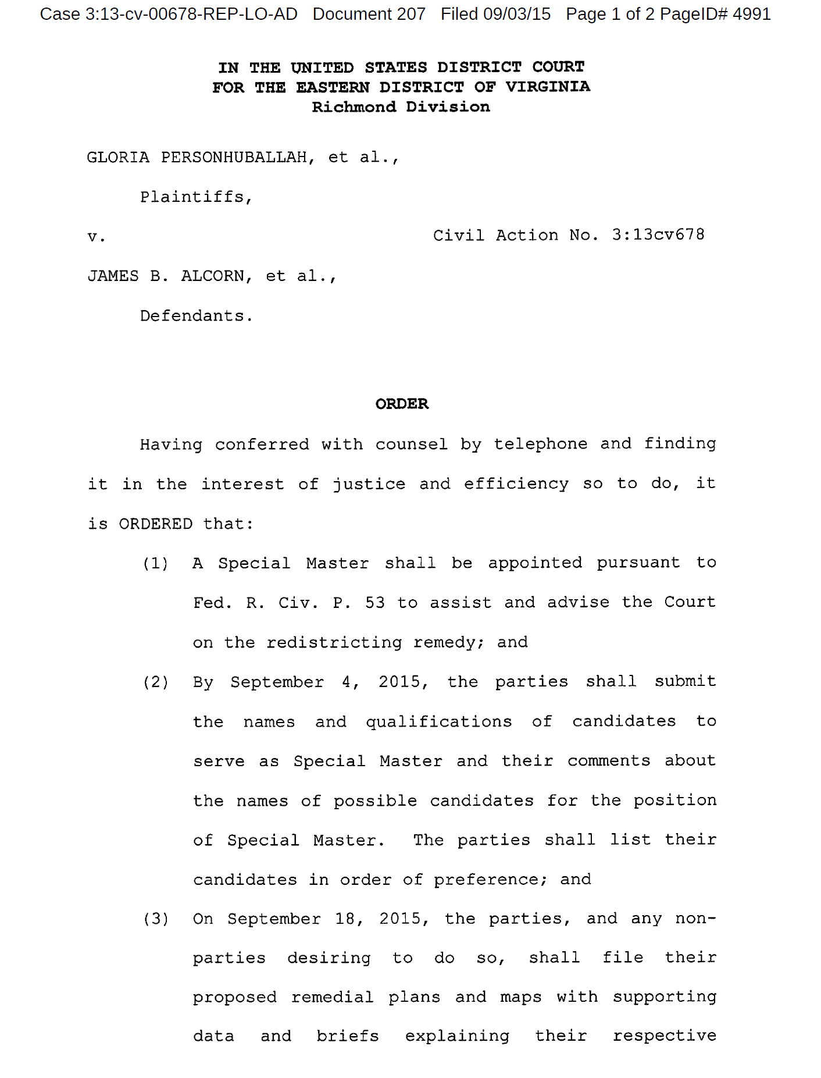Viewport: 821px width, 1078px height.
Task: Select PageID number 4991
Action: pyautogui.click(x=751, y=14)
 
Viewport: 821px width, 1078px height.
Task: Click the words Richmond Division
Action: pyautogui.click(x=401, y=107)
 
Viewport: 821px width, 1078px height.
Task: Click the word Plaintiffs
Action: pyautogui.click(x=196, y=197)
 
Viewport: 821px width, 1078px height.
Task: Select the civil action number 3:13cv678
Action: pyautogui.click(x=658, y=235)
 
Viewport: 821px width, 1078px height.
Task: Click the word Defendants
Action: pyautogui.click(x=196, y=316)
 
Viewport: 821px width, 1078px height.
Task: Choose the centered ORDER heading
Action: pyautogui.click(x=402, y=404)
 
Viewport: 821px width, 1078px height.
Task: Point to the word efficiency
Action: pyautogui.click(x=516, y=484)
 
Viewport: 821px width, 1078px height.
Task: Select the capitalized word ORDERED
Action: pyautogui.click(x=155, y=524)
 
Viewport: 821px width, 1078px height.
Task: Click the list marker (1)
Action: pyautogui.click(x=155, y=563)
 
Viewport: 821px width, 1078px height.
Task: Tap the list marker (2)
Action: pyautogui.click(x=155, y=682)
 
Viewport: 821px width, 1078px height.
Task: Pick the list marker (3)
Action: pyautogui.click(x=155, y=919)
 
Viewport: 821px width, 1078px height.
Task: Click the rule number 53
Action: pyautogui.click(x=374, y=603)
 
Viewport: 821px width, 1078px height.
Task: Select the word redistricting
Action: pyautogui.click(x=334, y=642)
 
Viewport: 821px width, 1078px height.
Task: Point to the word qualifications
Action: pyautogui.click(x=438, y=721)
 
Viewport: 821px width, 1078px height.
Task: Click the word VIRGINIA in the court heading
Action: pyautogui.click(x=547, y=87)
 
